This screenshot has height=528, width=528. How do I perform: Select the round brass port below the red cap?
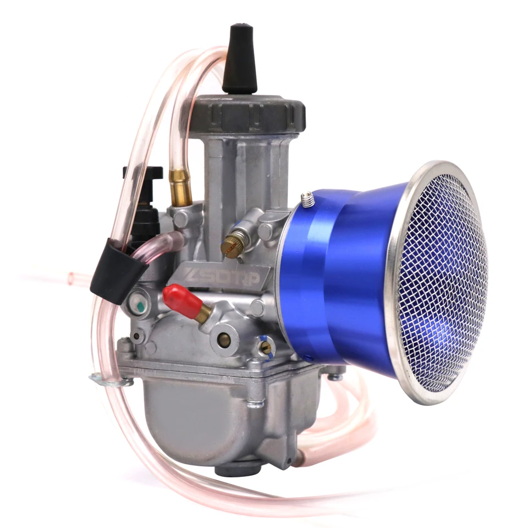click(x=224, y=340)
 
